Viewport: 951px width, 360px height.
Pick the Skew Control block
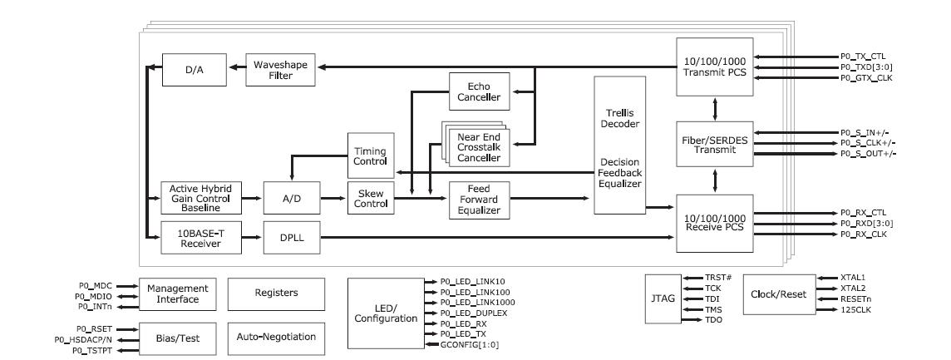(370, 199)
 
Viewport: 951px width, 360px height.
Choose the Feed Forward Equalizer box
(480, 199)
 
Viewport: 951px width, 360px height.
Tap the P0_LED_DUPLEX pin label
(460, 313)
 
